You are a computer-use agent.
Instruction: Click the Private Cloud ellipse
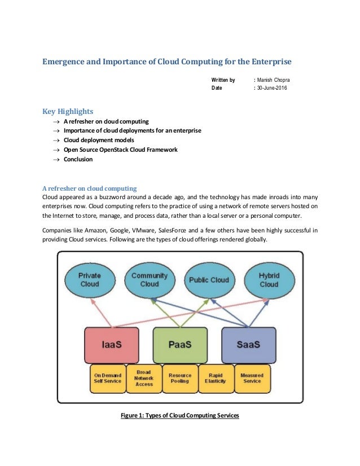point(90,280)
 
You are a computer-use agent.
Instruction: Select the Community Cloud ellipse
point(149,280)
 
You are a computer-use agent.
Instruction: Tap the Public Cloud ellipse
point(209,280)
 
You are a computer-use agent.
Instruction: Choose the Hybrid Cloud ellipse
point(269,280)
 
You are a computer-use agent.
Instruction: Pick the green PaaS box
point(180,345)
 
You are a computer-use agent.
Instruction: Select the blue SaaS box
point(248,345)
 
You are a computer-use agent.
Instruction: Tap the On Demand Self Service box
point(107,378)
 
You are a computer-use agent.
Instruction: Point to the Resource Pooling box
point(180,378)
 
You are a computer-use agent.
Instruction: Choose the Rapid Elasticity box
point(216,378)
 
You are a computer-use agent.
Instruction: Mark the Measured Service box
point(252,378)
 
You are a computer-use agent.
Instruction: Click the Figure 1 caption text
point(180,416)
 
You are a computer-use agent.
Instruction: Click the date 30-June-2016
point(272,89)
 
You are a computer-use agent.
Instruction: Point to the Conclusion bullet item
point(78,159)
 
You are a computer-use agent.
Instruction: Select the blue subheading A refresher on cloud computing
point(90,187)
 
